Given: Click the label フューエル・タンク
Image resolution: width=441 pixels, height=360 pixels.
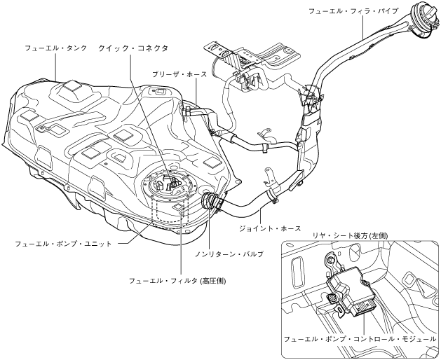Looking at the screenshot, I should point(55,48).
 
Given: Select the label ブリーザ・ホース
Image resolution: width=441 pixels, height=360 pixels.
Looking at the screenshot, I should point(179,74).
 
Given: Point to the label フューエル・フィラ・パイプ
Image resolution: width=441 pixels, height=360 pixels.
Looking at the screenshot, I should point(353,11).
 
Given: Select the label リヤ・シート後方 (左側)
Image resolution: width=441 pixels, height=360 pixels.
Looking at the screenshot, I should point(360,235).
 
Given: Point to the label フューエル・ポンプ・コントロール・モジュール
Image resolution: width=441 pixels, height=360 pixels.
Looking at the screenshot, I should point(360,338).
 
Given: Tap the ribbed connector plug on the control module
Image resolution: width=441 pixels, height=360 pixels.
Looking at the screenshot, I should point(366,306).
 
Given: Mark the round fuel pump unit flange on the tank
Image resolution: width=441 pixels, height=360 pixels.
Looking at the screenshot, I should point(168,190).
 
